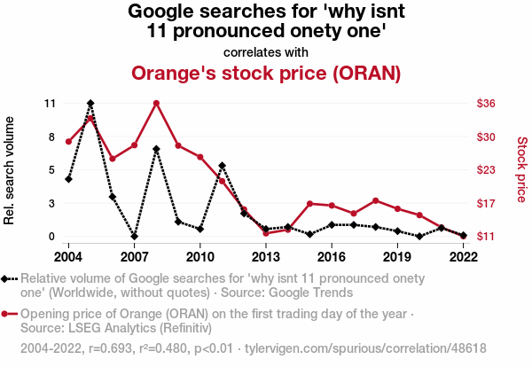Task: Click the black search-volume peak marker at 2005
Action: tap(90, 104)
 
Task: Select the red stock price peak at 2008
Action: tap(156, 103)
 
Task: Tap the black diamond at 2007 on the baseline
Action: tap(134, 237)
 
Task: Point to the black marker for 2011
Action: tap(222, 166)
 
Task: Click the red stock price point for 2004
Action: tap(68, 141)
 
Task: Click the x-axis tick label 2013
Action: tap(265, 256)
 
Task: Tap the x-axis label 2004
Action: tap(68, 256)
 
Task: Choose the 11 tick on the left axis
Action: tap(50, 104)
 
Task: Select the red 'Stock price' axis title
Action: tap(521, 168)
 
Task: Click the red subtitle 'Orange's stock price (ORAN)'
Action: tap(266, 72)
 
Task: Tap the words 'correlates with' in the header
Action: tap(266, 51)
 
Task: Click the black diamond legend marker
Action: tap(9, 278)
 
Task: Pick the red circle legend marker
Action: tap(9, 314)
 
